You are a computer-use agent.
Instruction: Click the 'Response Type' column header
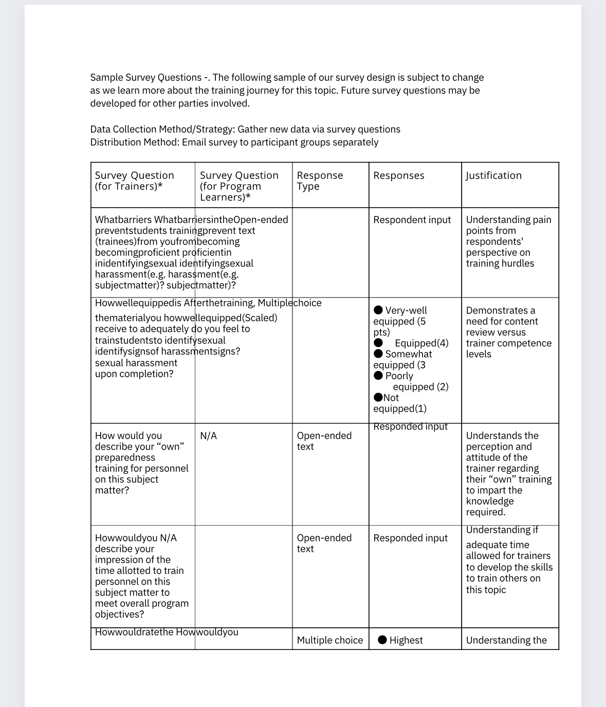[319, 181]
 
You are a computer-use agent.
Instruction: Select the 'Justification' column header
[493, 176]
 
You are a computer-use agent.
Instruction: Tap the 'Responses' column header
[398, 176]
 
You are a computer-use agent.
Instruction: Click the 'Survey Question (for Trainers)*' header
[134, 181]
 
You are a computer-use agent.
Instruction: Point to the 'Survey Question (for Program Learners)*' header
[238, 186]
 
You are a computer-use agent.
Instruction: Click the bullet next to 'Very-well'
[378, 310]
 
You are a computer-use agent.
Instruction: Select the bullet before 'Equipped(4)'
[378, 343]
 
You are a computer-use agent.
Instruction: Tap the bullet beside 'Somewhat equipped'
[378, 353]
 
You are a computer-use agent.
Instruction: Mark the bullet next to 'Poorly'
[378, 376]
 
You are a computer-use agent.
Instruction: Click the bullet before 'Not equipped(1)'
[378, 397]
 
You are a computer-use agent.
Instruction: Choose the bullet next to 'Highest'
[382, 640]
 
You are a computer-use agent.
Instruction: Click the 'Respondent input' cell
[412, 220]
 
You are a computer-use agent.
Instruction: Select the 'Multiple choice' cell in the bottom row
[329, 640]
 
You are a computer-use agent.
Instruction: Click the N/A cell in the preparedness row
[208, 436]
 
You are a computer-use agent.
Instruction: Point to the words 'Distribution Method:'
[135, 142]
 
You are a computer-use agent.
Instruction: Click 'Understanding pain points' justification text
[508, 225]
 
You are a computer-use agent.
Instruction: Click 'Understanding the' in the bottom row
[506, 640]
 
